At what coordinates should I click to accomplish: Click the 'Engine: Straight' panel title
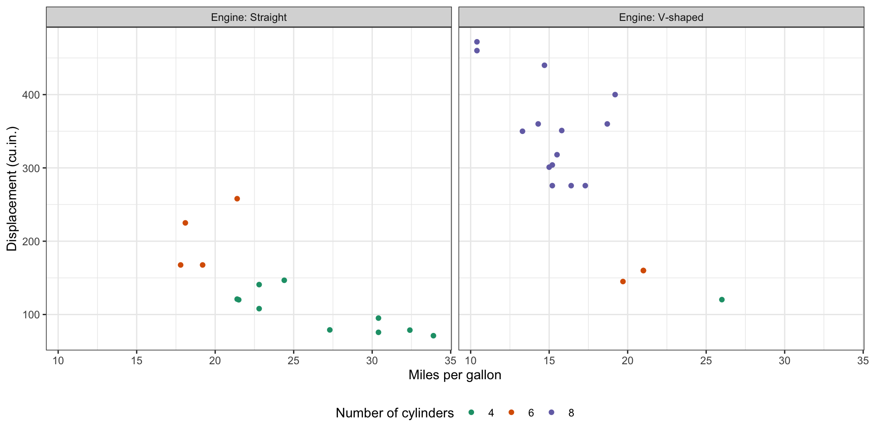coord(249,17)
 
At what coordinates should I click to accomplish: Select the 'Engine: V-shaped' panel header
coord(661,17)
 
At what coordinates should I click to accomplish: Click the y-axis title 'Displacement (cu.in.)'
coord(12,188)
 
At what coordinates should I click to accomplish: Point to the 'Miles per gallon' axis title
coord(455,375)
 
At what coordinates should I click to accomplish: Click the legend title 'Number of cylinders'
coord(395,413)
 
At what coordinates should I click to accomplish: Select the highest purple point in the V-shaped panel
coord(477,42)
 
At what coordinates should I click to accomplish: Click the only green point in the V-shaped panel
coord(722,300)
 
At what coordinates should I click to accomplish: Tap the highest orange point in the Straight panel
coord(237,199)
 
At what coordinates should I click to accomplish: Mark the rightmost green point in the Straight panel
coord(433,336)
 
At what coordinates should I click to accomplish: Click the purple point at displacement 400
coord(615,95)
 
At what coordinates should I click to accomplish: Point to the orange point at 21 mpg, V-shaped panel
coord(643,271)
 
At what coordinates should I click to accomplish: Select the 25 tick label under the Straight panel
coord(294,361)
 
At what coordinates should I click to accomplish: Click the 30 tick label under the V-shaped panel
coord(784,361)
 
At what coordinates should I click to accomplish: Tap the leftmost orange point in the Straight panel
coord(181,265)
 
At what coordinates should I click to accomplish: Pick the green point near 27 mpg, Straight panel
coord(330,330)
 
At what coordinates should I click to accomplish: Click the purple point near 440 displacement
coord(544,65)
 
